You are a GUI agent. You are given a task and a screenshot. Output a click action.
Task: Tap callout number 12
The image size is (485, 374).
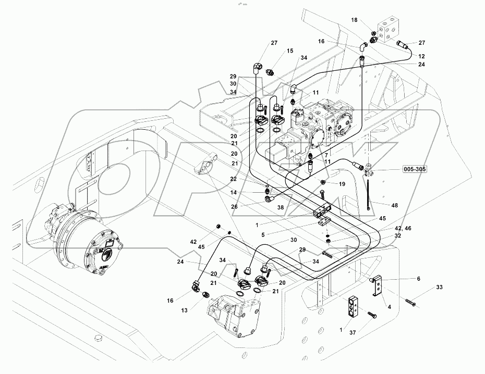tap(421, 56)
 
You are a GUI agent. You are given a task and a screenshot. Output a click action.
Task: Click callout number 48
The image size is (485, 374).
tap(395, 205)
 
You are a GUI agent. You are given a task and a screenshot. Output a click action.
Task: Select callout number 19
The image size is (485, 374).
tap(342, 184)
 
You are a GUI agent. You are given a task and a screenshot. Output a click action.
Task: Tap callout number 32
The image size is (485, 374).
tap(398, 235)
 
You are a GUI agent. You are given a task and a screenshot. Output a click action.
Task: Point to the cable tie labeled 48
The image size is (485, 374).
tap(369, 194)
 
